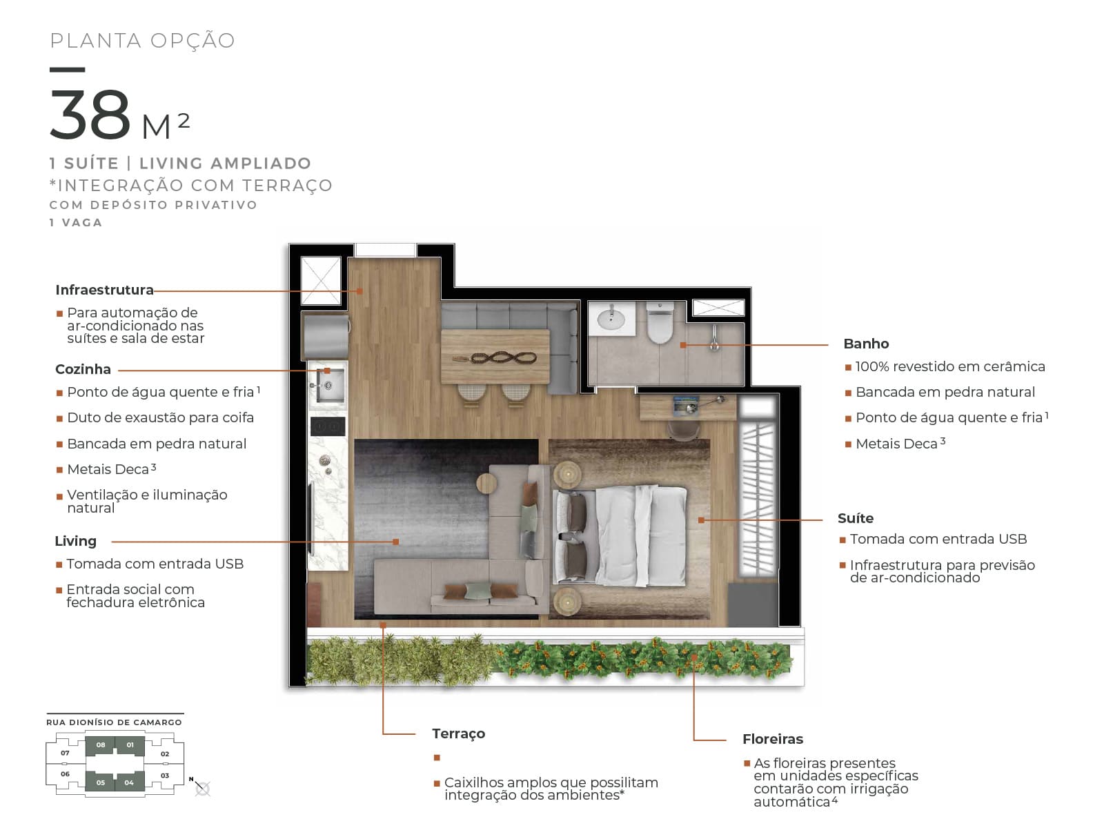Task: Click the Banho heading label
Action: click(866, 344)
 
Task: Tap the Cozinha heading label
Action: click(83, 370)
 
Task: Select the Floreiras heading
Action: click(773, 739)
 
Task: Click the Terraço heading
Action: click(459, 734)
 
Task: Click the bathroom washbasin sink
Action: click(611, 319)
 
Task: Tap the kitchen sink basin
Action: click(330, 386)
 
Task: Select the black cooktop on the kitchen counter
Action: click(328, 426)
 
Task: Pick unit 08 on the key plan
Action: click(101, 745)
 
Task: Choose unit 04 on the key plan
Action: click(129, 782)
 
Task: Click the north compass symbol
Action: click(201, 788)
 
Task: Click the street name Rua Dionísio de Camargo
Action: click(114, 722)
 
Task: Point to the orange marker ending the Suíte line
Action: click(701, 520)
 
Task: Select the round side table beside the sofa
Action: click(486, 484)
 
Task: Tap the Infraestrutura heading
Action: click(105, 290)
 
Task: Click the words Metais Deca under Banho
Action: click(897, 444)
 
